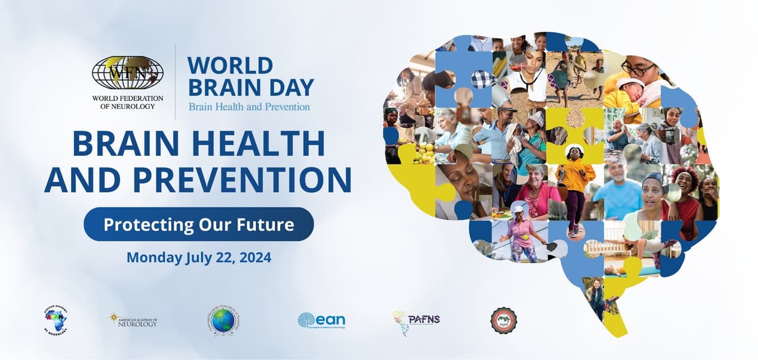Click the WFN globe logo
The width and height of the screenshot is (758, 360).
(127, 73)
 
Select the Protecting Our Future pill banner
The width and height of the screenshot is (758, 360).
(198, 224)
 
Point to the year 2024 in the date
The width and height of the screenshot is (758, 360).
(255, 258)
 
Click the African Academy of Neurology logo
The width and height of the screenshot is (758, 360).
(56, 320)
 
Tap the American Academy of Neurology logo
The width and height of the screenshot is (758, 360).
(133, 320)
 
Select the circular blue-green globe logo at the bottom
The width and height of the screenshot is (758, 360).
(223, 321)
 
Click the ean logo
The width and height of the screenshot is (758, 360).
(321, 320)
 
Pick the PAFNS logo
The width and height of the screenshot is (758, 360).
(416, 321)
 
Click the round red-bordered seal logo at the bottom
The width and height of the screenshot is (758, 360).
(503, 320)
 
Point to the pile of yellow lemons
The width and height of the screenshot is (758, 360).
(424, 153)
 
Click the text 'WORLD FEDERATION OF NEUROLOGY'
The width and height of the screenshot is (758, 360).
(127, 102)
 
